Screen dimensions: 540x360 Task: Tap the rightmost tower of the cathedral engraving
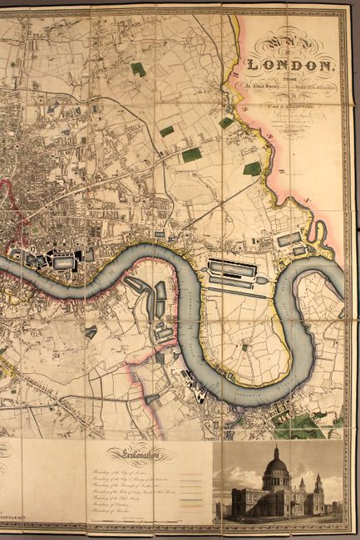pos(318,487)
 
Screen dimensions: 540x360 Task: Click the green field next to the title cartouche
pos(252,168)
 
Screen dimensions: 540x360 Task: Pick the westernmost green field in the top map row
pos(138,69)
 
